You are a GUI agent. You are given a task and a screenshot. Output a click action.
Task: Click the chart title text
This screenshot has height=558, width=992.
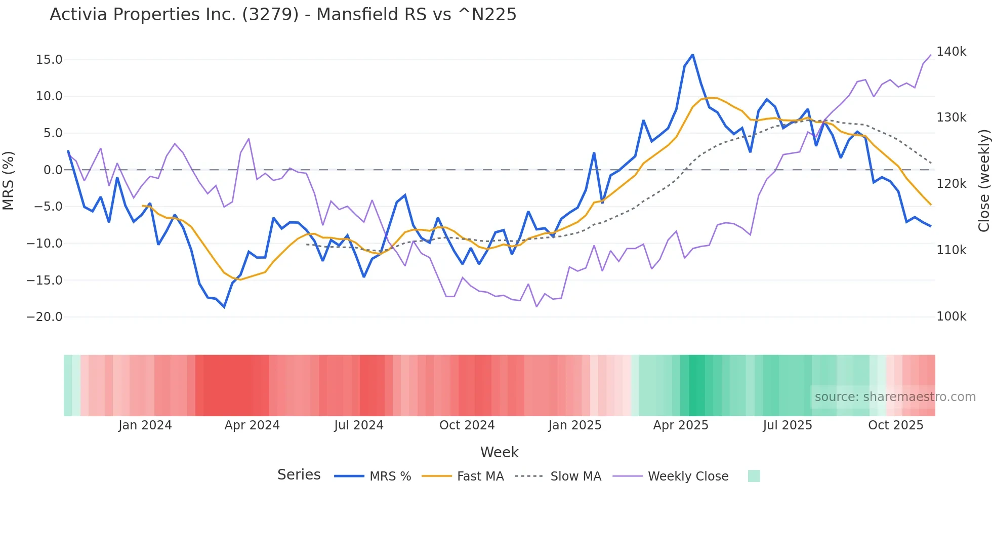283,15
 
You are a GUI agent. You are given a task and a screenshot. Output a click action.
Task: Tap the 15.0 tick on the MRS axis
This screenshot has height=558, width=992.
49,60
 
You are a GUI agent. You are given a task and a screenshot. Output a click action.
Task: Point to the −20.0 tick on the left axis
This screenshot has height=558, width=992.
45,317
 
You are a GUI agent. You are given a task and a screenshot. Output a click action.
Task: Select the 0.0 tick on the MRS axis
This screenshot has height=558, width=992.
53,170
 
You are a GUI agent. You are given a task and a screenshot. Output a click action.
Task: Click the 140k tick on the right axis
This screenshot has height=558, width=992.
951,52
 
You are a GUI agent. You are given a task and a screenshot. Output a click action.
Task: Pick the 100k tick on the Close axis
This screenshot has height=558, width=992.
951,316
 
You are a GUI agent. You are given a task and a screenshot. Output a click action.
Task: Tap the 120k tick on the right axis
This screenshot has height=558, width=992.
951,184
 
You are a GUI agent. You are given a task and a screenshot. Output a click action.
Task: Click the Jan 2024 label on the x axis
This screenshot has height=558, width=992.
145,425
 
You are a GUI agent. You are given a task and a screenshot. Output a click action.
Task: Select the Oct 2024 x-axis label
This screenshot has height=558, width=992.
467,425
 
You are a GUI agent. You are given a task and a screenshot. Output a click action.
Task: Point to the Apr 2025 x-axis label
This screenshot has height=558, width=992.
681,425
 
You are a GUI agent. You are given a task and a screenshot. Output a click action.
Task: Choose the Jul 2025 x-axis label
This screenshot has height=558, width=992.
787,425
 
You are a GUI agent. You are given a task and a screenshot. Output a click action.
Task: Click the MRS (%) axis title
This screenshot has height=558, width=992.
9,180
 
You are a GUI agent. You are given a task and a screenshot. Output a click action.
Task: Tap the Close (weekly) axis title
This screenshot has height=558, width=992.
983,181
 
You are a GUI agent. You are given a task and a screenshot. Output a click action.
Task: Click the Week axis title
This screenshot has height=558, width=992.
499,452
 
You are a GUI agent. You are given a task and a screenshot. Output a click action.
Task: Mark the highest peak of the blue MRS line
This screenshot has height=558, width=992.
692,55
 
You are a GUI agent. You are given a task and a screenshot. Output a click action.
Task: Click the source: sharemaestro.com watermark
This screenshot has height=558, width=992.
895,397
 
